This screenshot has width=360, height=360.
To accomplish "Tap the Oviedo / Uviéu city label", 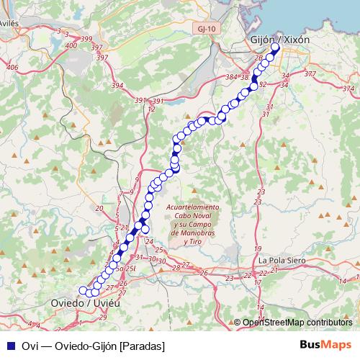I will click(85, 303).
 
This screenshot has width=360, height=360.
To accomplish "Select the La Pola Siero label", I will click(283, 259).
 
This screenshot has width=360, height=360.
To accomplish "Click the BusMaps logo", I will click(327, 344).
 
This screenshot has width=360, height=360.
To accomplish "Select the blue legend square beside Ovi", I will click(11, 345).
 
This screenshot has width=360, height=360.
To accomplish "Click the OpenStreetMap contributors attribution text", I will click(297, 323).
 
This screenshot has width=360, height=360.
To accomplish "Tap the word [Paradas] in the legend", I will click(142, 345).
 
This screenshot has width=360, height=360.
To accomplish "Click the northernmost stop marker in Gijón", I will click(275, 48).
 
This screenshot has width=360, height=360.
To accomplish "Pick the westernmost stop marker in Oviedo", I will click(82, 290).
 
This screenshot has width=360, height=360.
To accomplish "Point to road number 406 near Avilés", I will click(12, 67).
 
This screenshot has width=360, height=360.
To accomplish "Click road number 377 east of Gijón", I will click(310, 73).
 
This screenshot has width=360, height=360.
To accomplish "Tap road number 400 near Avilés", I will click(71, 45).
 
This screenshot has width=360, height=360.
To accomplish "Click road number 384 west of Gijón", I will click(231, 76).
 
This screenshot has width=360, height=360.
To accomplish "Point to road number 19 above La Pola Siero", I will click(259, 248).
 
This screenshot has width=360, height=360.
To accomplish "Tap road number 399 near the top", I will click(87, 38).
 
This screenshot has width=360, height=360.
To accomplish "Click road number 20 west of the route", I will click(99, 208).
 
